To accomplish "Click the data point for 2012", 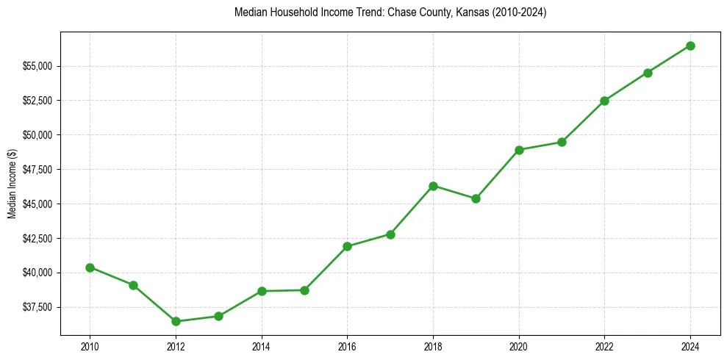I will tap(176, 321).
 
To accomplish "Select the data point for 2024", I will tap(690, 46).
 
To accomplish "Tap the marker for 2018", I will tap(433, 186).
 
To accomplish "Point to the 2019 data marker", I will tap(476, 198).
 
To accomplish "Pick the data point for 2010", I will tap(90, 267).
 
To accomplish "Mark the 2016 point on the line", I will tap(347, 246).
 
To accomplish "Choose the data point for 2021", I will tap(562, 142).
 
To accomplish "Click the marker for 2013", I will tap(218, 316).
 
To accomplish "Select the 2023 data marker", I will tap(648, 73).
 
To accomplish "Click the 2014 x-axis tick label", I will tap(261, 346).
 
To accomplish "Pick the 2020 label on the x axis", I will tap(519, 346).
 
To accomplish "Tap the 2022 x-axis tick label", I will tap(604, 346).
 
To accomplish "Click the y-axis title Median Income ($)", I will tap(12, 188).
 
